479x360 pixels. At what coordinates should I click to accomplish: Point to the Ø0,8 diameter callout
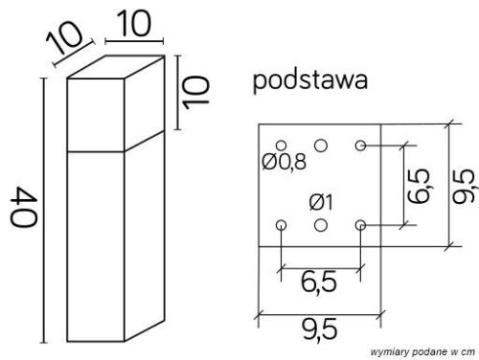pyautogui.click(x=283, y=162)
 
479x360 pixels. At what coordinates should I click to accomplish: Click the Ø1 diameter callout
pyautogui.click(x=321, y=202)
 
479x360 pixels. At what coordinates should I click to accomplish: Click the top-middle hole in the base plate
pyautogui.click(x=321, y=144)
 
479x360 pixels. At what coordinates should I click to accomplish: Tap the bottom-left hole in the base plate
pyautogui.click(x=281, y=225)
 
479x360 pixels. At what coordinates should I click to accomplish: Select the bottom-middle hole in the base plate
pyautogui.click(x=321, y=225)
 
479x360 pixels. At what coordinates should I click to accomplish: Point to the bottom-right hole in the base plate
pyautogui.click(x=361, y=225)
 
